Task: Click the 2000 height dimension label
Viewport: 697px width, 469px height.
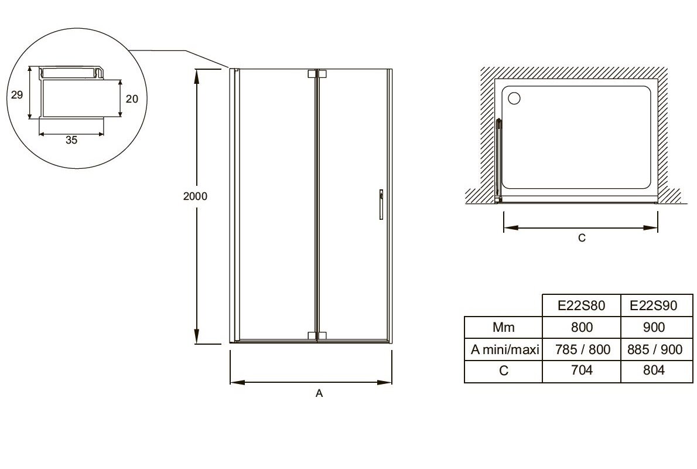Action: pyautogui.click(x=195, y=196)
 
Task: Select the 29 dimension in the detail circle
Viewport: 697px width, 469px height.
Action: pyautogui.click(x=17, y=95)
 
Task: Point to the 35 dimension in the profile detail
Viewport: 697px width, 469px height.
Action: pyautogui.click(x=71, y=140)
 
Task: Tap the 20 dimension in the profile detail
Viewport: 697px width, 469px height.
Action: pyautogui.click(x=132, y=99)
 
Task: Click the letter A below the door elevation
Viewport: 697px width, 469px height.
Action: pyautogui.click(x=319, y=393)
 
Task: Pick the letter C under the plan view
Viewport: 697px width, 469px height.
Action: pyautogui.click(x=582, y=238)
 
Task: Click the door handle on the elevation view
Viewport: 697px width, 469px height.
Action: pyautogui.click(x=381, y=205)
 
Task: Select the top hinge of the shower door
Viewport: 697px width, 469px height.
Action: pyautogui.click(x=317, y=74)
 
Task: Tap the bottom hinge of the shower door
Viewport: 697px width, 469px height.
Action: pyautogui.click(x=317, y=335)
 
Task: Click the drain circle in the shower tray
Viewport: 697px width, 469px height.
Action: pyautogui.click(x=514, y=98)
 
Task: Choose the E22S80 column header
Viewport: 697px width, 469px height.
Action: pyautogui.click(x=582, y=305)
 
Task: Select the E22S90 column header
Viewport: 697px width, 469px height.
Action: pyautogui.click(x=654, y=305)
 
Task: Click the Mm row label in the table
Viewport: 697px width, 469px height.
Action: pyautogui.click(x=504, y=328)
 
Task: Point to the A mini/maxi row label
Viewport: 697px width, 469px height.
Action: pyautogui.click(x=505, y=350)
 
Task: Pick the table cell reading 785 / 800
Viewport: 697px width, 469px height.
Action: pyautogui.click(x=582, y=350)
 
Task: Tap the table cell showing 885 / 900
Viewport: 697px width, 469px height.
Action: pyautogui.click(x=654, y=350)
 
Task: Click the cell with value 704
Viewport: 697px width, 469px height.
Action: pyautogui.click(x=582, y=370)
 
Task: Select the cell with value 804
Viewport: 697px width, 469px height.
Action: pyautogui.click(x=654, y=370)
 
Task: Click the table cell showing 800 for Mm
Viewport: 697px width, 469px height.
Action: pyautogui.click(x=582, y=328)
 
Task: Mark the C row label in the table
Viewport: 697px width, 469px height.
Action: pyautogui.click(x=504, y=371)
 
